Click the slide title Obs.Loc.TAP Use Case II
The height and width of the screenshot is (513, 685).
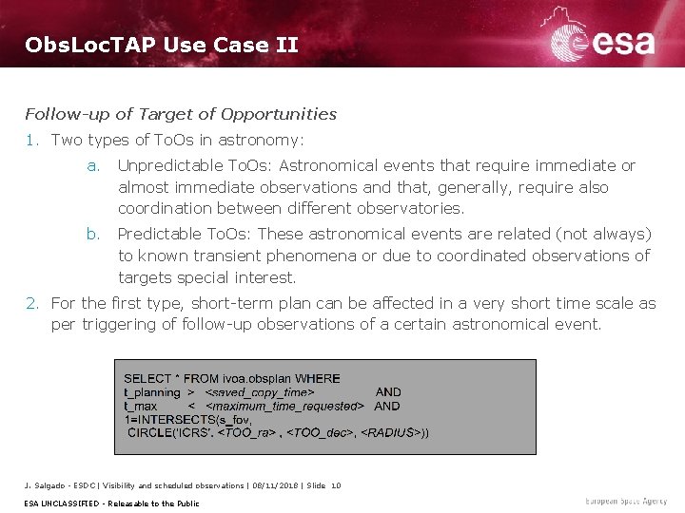click(x=162, y=45)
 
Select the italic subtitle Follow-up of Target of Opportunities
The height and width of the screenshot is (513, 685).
click(x=181, y=114)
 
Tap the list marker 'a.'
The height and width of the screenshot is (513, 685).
click(x=93, y=165)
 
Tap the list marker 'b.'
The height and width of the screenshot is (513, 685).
click(x=93, y=234)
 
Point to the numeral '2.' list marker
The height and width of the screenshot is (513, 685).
click(x=32, y=303)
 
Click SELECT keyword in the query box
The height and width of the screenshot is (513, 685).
click(x=148, y=379)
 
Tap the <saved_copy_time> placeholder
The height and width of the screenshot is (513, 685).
click(x=260, y=392)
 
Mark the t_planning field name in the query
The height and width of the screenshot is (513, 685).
click(x=152, y=392)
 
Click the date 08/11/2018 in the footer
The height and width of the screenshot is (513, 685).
click(x=270, y=485)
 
